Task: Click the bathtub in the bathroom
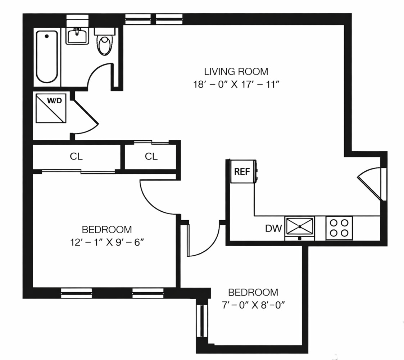(x=47, y=57)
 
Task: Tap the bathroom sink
(x=77, y=36)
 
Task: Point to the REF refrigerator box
(x=242, y=172)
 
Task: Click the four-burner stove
(x=339, y=228)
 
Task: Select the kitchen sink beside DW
(x=299, y=227)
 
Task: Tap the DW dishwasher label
(x=274, y=228)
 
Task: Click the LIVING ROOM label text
(x=236, y=71)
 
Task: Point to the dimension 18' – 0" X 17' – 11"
(x=236, y=85)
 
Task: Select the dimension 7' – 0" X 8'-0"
(x=253, y=306)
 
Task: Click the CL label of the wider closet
(x=76, y=156)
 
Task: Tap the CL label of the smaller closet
(x=151, y=156)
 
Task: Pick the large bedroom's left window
(x=76, y=293)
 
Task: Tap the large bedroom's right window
(x=148, y=293)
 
